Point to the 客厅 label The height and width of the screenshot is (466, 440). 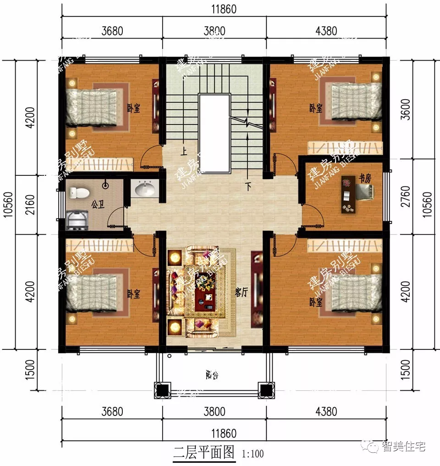(x=241, y=292)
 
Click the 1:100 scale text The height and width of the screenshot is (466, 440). (x=252, y=454)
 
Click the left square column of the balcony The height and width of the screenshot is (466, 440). (x=161, y=390)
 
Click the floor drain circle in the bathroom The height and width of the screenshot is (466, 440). (x=106, y=186)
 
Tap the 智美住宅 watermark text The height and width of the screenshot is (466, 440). (x=403, y=446)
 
